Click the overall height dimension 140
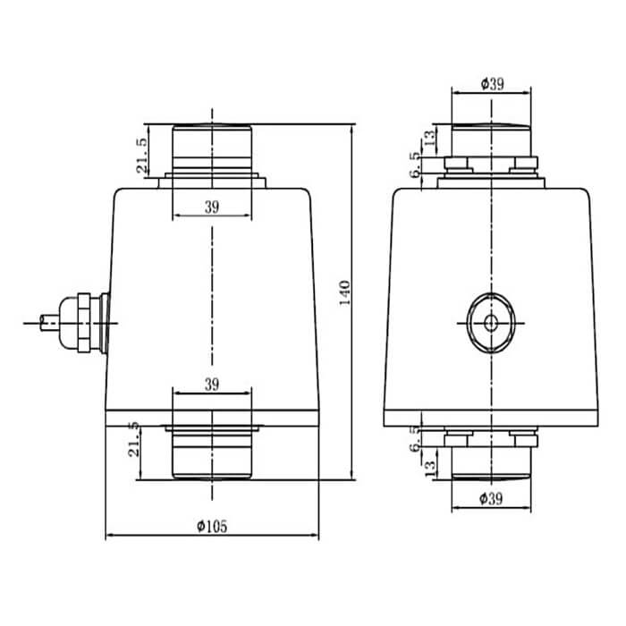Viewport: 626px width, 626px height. [x=344, y=292]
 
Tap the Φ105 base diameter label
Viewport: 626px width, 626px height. [x=212, y=526]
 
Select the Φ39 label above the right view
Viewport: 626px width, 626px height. [x=492, y=84]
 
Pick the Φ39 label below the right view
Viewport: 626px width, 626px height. [x=491, y=499]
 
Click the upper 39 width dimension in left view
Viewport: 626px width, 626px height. [x=212, y=207]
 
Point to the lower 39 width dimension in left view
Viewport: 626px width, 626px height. [x=212, y=385]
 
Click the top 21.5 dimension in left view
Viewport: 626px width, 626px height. [x=142, y=156]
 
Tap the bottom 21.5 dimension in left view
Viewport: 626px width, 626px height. [x=134, y=440]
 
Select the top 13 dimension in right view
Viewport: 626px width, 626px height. [x=429, y=138]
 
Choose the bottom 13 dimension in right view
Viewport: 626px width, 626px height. [x=430, y=468]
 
